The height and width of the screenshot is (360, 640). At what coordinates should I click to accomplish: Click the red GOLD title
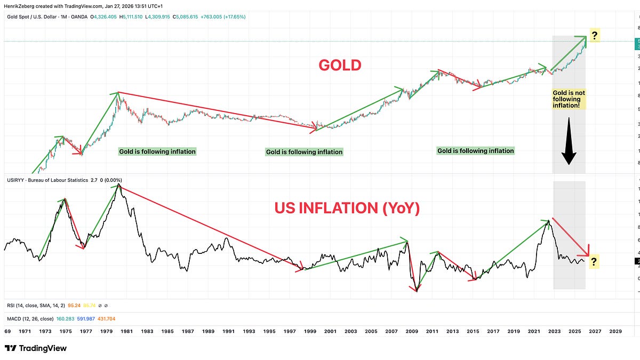coord(340,65)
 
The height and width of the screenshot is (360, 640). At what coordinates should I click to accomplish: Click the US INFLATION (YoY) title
coord(347,208)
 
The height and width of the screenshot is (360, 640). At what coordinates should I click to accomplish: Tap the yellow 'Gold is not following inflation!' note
coord(569,99)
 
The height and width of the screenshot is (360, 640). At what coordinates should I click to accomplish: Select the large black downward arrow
coord(569,141)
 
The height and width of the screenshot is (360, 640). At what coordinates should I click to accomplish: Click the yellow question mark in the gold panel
coord(595,36)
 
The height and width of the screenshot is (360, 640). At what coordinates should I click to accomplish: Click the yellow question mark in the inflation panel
coord(594,261)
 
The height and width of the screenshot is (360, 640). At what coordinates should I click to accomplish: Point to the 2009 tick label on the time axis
coord(412,331)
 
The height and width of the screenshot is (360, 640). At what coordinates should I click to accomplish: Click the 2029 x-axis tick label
coord(615,331)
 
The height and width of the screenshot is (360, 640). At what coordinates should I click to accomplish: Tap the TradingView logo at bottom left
coord(36,348)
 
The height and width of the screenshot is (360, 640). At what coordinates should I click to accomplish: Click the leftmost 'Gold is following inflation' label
coord(157,151)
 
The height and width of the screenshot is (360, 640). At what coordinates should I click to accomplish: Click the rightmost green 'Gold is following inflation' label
coord(475,151)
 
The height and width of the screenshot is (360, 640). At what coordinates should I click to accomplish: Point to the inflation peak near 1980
coord(118,185)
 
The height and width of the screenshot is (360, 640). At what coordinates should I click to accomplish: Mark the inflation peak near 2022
coord(548,221)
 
